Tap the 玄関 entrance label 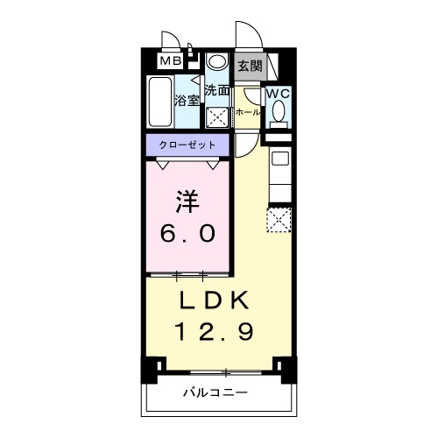tap(249, 65)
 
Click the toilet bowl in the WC tap(278, 111)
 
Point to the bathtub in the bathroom tap(160, 103)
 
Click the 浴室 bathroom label tap(187, 99)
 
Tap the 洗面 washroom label tap(216, 89)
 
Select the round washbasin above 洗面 tap(216, 64)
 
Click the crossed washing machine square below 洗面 tap(216, 117)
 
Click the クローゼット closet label tap(187, 143)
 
